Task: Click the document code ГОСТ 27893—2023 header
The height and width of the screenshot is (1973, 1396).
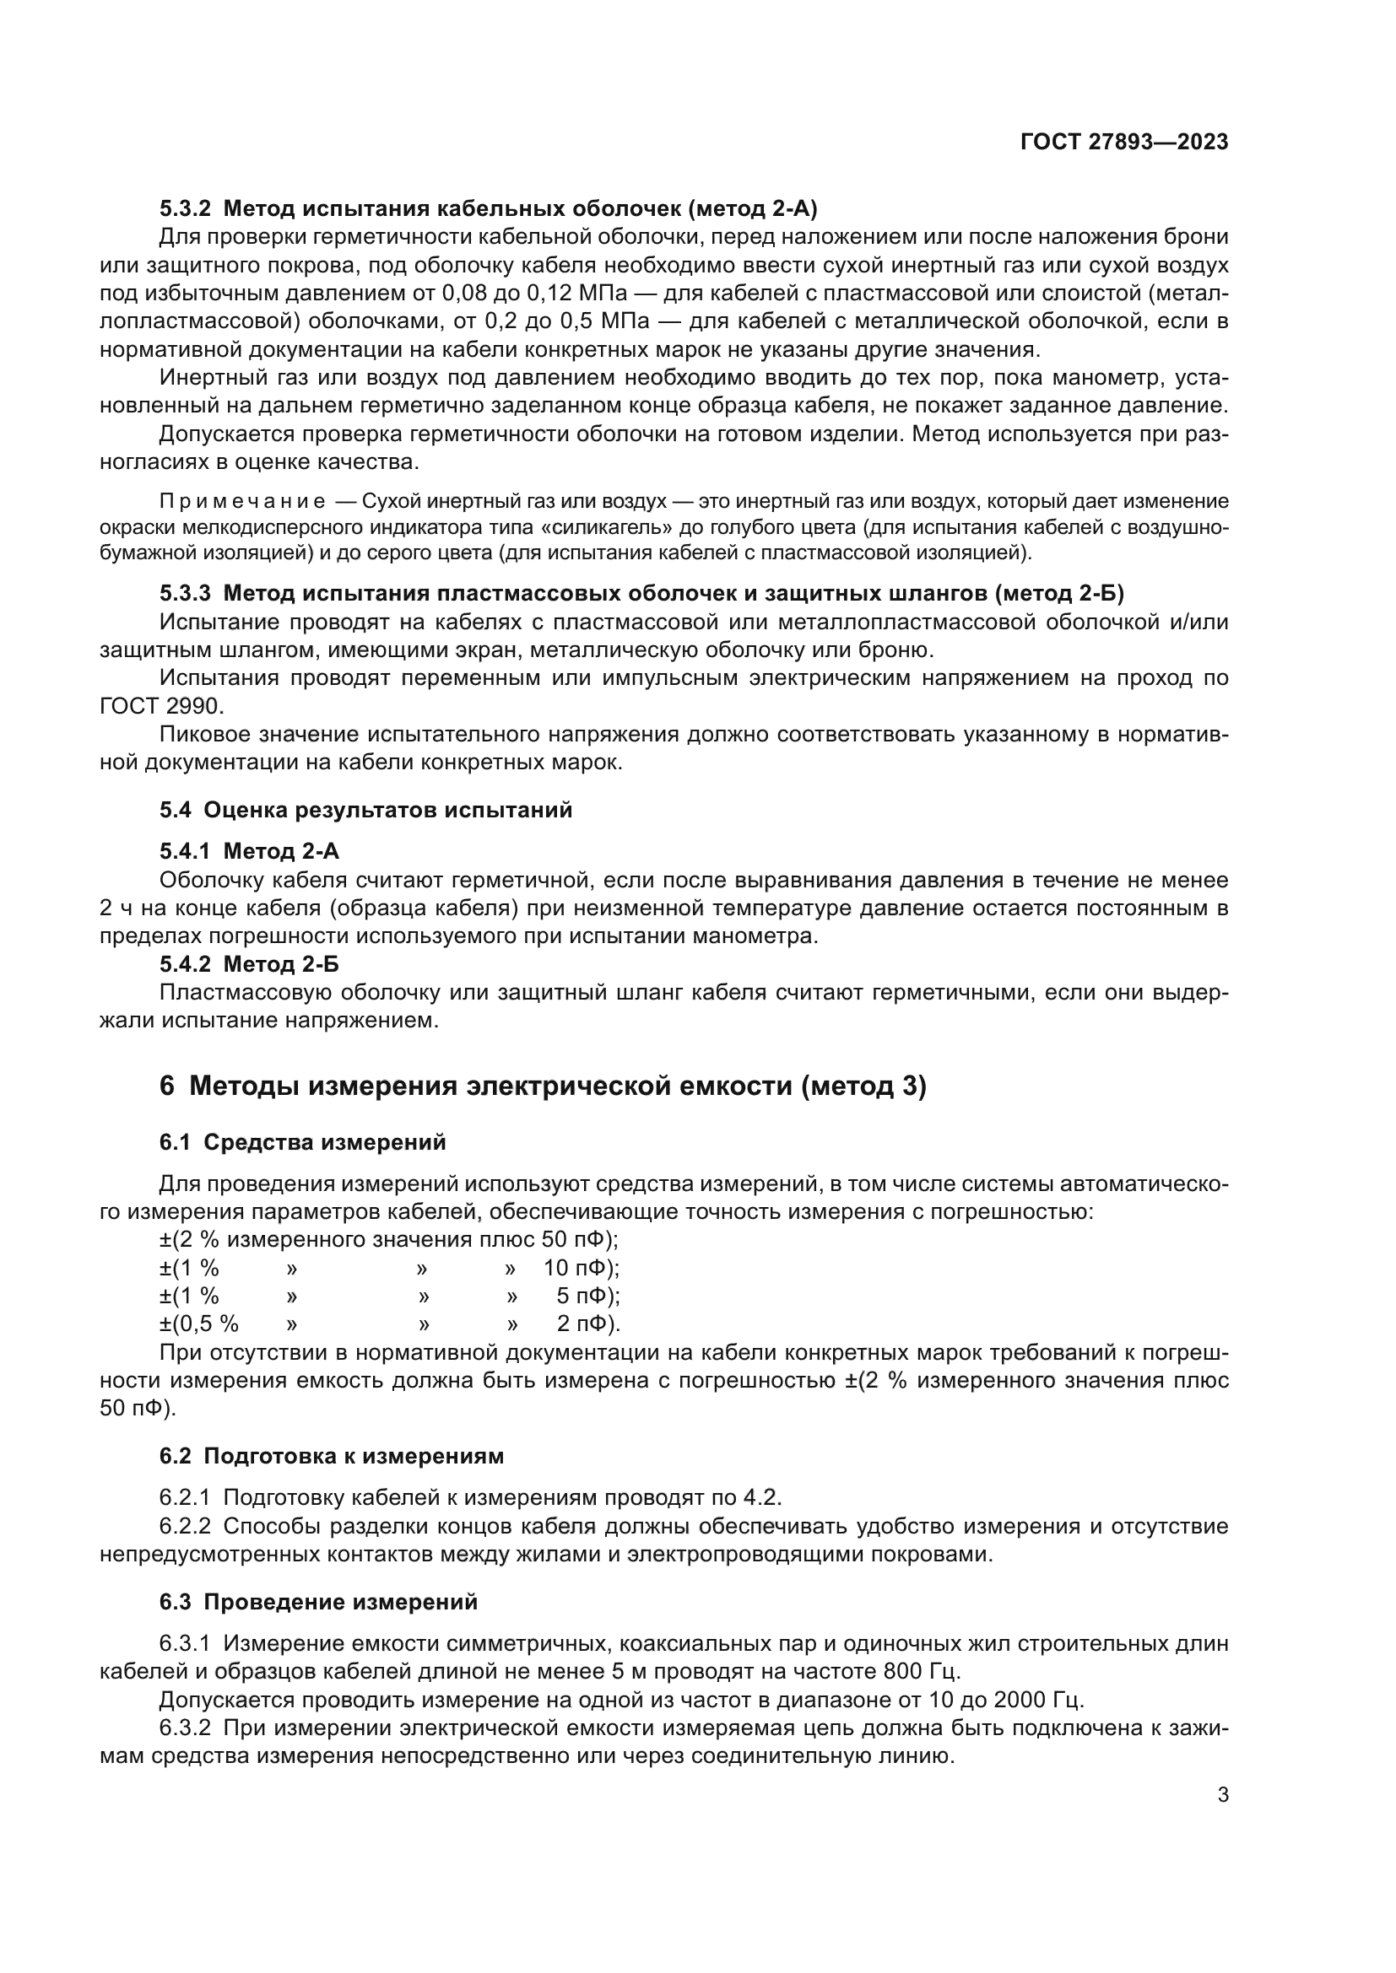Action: tap(1123, 142)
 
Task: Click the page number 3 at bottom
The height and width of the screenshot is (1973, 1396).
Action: tap(1222, 1794)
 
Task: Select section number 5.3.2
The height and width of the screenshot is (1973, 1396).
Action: tap(185, 209)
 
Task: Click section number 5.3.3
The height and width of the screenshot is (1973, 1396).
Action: tap(185, 593)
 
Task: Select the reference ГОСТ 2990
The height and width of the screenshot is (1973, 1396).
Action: tap(160, 706)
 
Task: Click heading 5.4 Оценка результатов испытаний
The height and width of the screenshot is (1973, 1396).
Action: tap(365, 810)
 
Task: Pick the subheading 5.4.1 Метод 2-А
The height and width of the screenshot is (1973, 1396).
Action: tap(249, 851)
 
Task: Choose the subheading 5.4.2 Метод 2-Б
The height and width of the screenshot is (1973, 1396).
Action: tap(249, 964)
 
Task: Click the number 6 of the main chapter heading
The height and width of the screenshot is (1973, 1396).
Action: tap(167, 1086)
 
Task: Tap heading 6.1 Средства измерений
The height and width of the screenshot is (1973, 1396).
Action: tap(303, 1142)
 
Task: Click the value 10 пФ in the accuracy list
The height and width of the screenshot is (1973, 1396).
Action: tap(579, 1269)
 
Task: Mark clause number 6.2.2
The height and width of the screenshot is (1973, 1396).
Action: tap(185, 1526)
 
